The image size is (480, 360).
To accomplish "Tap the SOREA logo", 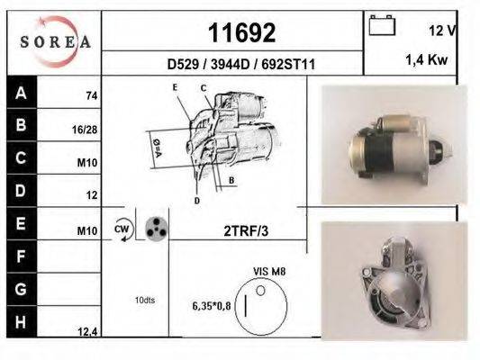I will [x=56, y=41].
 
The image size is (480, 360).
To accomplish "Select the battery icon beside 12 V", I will [x=383, y=27].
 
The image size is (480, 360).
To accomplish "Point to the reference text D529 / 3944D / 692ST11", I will [x=240, y=65].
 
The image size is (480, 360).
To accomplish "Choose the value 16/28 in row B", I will [x=85, y=130].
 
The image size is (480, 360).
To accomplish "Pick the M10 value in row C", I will [x=87, y=163].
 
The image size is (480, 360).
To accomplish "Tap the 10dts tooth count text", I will [x=144, y=300].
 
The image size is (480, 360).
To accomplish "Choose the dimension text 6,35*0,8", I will [x=213, y=306].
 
